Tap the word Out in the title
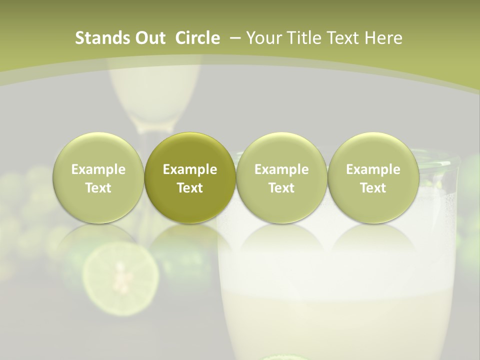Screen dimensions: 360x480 tap(149, 38)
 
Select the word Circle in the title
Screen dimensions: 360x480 tap(197, 38)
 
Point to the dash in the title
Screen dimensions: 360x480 tap(233, 38)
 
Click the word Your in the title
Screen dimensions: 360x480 tap(263, 38)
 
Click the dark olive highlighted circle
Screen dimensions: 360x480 tap(190, 177)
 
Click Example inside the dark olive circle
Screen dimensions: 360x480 tap(190, 169)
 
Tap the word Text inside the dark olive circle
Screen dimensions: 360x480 tap(190, 188)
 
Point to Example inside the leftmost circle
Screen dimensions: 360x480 tap(98, 169)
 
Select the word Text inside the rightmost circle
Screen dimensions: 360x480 tap(373, 188)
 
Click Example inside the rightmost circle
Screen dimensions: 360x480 tap(373, 169)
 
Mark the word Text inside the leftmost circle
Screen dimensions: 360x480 tap(98, 188)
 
